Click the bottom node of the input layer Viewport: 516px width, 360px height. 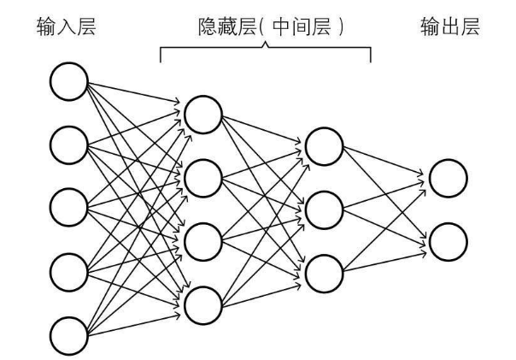click(68, 333)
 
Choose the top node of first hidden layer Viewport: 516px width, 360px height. click(202, 115)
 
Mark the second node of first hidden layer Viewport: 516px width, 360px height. click(202, 177)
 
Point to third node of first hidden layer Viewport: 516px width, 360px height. click(202, 240)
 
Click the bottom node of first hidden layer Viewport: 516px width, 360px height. click(202, 303)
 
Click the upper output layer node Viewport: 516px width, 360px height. click(449, 178)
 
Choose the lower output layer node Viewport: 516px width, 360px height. click(449, 241)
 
